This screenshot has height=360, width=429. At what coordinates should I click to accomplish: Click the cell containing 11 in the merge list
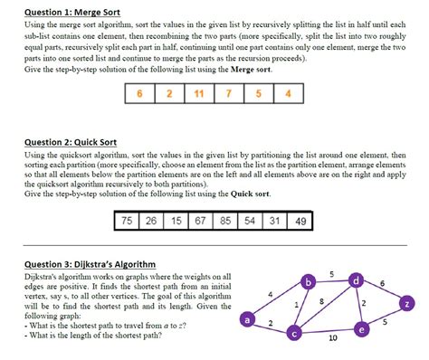[x=198, y=93]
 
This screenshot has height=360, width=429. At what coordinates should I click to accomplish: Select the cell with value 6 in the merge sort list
[x=139, y=93]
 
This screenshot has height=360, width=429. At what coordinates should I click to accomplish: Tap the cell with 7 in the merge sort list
[x=228, y=93]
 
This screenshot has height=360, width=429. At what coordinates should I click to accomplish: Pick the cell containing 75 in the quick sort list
[x=128, y=221]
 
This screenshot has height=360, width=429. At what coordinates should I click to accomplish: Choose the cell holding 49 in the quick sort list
[x=301, y=221]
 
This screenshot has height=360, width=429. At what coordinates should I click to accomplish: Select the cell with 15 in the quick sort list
[x=176, y=221]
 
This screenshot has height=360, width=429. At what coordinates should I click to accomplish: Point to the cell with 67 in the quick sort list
[x=201, y=221]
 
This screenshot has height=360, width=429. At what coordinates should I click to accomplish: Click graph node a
[x=246, y=318]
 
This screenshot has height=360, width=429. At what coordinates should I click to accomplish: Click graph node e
[x=362, y=330]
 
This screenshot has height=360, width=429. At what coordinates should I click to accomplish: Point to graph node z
[x=408, y=303]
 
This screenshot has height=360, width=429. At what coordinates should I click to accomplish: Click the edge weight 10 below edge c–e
[x=332, y=338]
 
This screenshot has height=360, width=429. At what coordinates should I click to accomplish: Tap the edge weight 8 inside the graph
[x=322, y=299]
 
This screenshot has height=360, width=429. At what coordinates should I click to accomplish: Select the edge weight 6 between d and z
[x=384, y=284]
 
